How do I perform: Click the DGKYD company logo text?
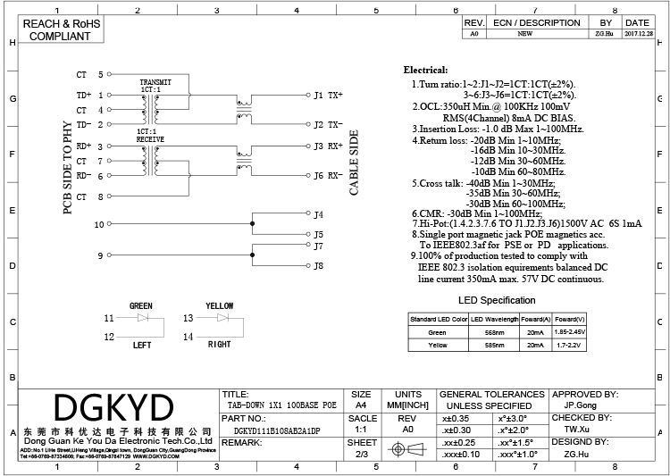click(x=113, y=407)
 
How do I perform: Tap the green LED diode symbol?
click(x=140, y=318)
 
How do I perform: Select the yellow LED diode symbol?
click(x=220, y=318)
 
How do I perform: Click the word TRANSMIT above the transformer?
click(x=155, y=82)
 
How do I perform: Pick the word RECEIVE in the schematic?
click(x=150, y=139)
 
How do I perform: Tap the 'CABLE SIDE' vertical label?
click(x=354, y=163)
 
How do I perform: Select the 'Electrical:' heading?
click(x=426, y=70)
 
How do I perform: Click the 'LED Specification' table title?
click(x=497, y=301)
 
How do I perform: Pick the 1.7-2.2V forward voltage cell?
click(x=569, y=344)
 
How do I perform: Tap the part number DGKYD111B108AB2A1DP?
click(x=272, y=430)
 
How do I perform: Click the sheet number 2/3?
click(x=362, y=455)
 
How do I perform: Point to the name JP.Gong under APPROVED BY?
click(x=582, y=405)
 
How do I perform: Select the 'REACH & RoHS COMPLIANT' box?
click(x=61, y=29)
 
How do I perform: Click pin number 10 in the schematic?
click(x=99, y=224)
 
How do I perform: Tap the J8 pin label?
click(x=319, y=265)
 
